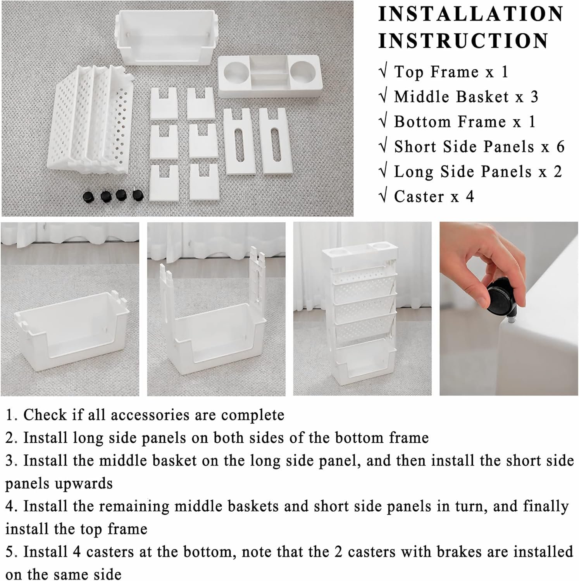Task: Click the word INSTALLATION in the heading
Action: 471,14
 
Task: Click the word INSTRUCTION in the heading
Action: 464,41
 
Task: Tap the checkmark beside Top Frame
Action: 383,72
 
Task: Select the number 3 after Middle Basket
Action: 534,97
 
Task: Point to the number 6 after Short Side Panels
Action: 560,147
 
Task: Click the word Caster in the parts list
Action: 419,196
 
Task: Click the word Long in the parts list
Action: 414,172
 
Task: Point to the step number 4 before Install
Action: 10,506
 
